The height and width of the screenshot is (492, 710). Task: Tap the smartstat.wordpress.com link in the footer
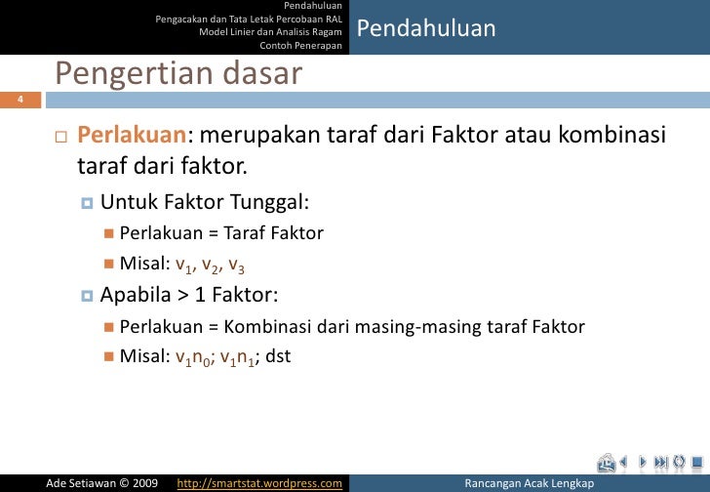259,482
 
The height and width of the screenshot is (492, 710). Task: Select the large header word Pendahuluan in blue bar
426,29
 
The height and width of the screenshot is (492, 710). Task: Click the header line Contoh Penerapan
300,44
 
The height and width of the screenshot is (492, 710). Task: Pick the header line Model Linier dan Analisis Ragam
270,31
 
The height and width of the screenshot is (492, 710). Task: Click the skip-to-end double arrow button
662,462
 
